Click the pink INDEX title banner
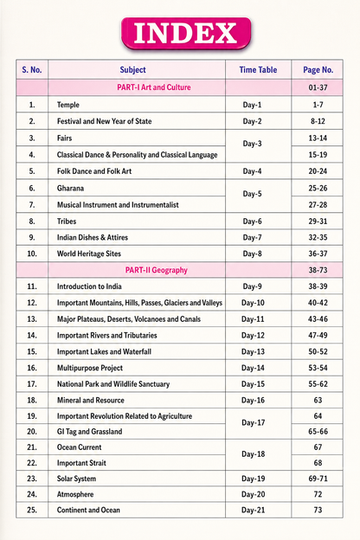coord(186,34)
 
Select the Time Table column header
coord(258,70)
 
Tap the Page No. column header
coord(318,70)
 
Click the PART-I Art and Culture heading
coord(154,87)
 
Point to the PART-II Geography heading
coord(156,270)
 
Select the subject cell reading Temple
coord(68,105)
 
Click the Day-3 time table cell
coord(252,144)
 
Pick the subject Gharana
coord(70,188)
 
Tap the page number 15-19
coord(318,155)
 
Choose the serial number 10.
coord(32,254)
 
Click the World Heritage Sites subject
coord(89,254)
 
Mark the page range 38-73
coord(318,270)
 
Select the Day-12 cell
coord(253,335)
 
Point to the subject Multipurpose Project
coord(90,368)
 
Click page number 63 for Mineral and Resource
coord(318,400)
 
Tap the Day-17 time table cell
coord(254,422)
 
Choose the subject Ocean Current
coord(80,447)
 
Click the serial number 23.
coord(32,479)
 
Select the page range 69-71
coord(318,479)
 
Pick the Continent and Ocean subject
coord(88,510)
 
